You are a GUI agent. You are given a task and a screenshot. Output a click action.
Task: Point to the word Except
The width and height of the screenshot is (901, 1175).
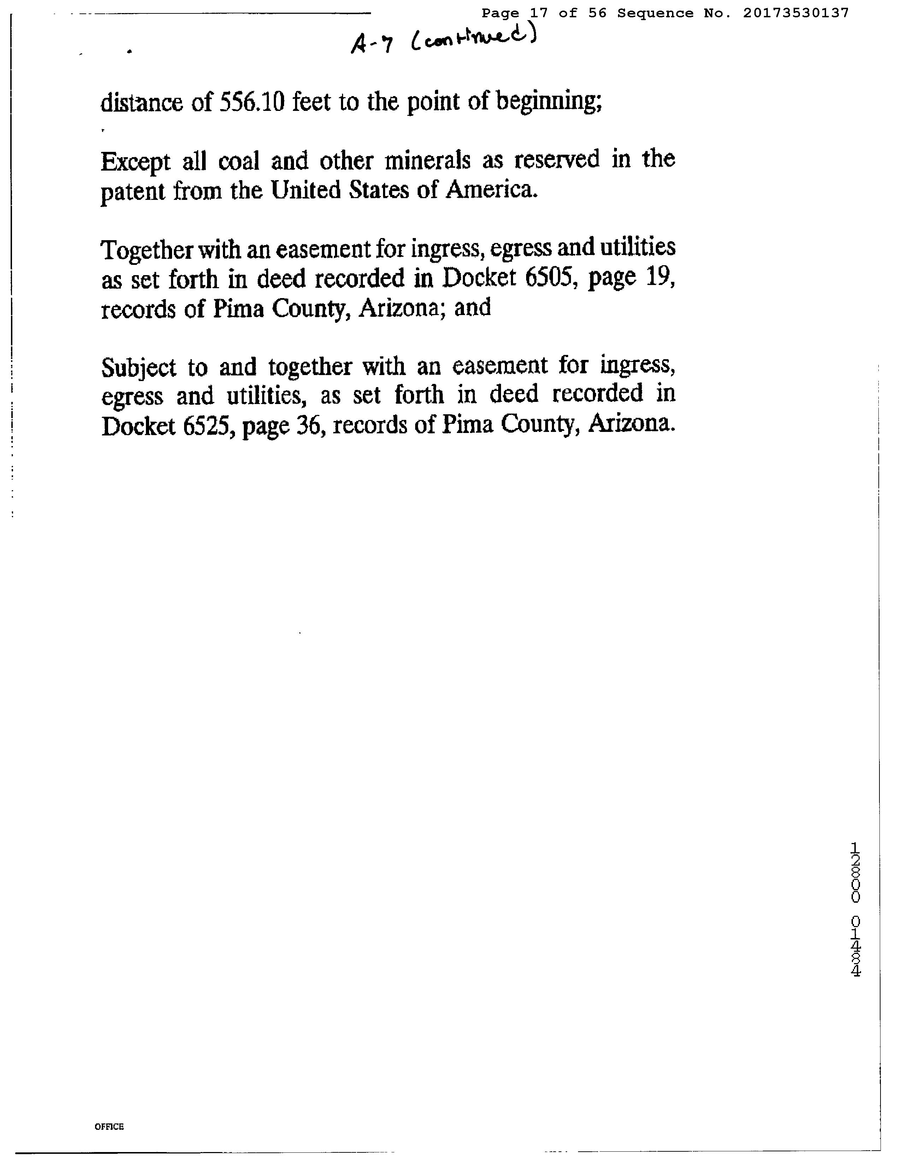[135, 162]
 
